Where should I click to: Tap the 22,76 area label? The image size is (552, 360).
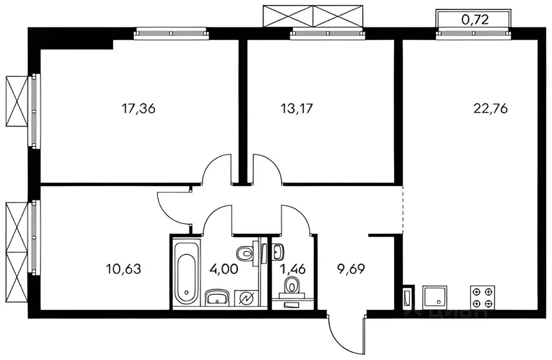pyautogui.click(x=491, y=109)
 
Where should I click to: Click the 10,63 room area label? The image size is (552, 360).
pyautogui.click(x=124, y=268)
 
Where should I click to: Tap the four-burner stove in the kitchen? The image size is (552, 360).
pyautogui.click(x=482, y=296)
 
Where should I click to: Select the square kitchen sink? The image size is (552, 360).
pyautogui.click(x=435, y=295)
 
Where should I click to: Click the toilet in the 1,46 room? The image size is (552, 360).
pyautogui.click(x=292, y=286)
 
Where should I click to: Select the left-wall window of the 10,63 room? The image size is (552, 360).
pyautogui.click(x=34, y=237)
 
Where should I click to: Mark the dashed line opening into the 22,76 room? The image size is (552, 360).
pyautogui.click(x=403, y=210)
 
